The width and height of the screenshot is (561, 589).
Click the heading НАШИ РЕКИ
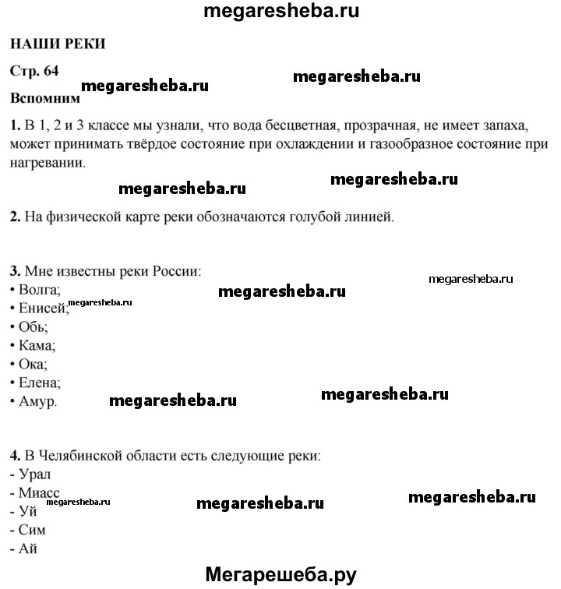[58, 44]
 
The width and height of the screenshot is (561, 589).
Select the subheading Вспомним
[45, 99]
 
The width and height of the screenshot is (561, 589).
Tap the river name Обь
[36, 327]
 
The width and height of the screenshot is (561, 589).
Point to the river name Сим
[31, 530]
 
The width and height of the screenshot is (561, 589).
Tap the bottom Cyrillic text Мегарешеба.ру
[280, 576]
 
